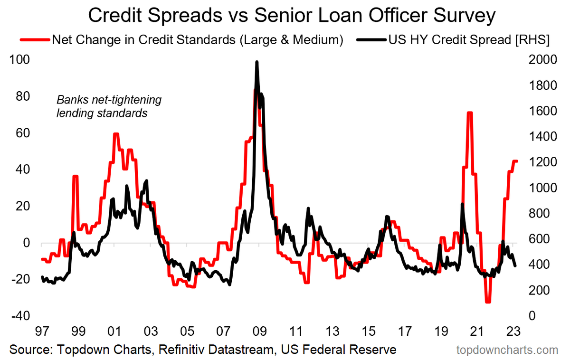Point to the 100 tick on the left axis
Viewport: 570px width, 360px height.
pyautogui.click(x=19, y=60)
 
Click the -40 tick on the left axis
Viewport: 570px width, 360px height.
pyautogui.click(x=19, y=316)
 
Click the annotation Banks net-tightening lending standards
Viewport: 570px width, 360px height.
pyautogui.click(x=109, y=107)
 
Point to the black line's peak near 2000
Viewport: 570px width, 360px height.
pyautogui.click(x=256, y=62)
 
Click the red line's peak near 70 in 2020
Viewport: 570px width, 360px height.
pyautogui.click(x=469, y=113)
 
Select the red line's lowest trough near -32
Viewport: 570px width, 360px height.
pyautogui.click(x=487, y=302)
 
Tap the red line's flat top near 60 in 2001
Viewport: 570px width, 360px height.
pyautogui.click(x=115, y=134)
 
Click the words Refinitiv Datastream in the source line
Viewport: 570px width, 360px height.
pyautogui.click(x=207, y=350)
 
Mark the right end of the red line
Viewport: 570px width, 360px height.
pyautogui.click(x=516, y=161)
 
